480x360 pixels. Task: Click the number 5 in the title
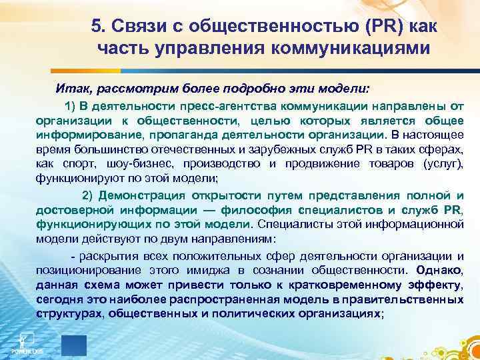tap(95, 26)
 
